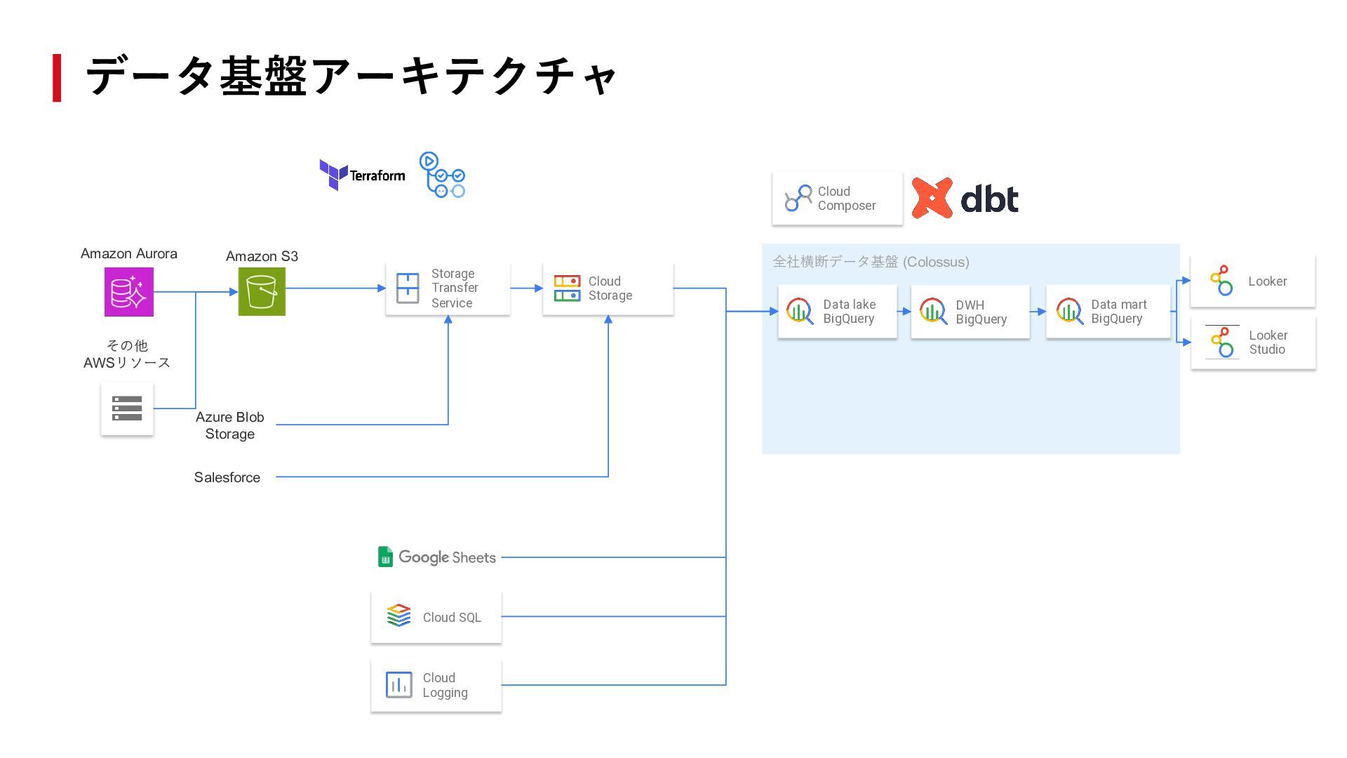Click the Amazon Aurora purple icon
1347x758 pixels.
click(129, 292)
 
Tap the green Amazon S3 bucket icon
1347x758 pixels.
click(262, 292)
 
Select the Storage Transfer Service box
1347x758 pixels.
click(448, 288)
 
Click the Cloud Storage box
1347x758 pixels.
click(608, 288)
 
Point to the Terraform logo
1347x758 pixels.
click(362, 175)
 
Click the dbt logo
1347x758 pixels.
click(965, 199)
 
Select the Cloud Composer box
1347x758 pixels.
click(837, 199)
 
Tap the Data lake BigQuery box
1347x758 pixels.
click(837, 312)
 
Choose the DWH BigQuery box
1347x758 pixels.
click(970, 312)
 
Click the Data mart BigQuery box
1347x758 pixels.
click(1108, 312)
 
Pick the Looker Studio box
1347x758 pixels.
click(1253, 343)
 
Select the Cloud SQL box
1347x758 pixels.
click(436, 617)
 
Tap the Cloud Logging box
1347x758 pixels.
click(436, 685)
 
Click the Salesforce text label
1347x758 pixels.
click(227, 477)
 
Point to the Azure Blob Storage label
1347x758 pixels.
click(230, 425)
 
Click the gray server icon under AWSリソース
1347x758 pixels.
click(127, 408)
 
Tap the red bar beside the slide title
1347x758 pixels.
click(57, 78)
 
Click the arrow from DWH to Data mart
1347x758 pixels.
click(1038, 312)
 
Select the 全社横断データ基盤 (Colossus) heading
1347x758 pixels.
click(871, 262)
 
